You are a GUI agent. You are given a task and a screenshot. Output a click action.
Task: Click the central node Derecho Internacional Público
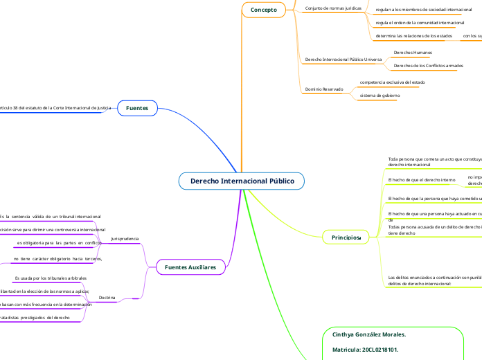pyautogui.click(x=242, y=181)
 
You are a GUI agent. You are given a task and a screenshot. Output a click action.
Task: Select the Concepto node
pyautogui.click(x=263, y=10)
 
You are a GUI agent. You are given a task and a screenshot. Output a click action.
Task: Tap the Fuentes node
pyautogui.click(x=138, y=108)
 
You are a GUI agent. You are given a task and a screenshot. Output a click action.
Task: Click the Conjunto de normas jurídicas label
pyautogui.click(x=333, y=8)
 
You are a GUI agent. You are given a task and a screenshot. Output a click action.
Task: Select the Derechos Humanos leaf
pyautogui.click(x=412, y=52)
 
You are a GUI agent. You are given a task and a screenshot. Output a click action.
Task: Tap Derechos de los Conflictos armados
pyautogui.click(x=427, y=66)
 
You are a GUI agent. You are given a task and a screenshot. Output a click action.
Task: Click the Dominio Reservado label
pyautogui.click(x=323, y=89)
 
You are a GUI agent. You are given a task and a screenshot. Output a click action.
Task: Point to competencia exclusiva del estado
pyautogui.click(x=392, y=82)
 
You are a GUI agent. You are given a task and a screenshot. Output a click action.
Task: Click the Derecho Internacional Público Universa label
pyautogui.click(x=343, y=60)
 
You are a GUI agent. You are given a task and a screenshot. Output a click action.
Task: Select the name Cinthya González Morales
pyautogui.click(x=369, y=334)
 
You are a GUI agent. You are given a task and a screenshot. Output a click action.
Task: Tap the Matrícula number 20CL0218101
pyautogui.click(x=366, y=350)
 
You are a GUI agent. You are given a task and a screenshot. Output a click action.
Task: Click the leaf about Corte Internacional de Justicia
pyautogui.click(x=55, y=108)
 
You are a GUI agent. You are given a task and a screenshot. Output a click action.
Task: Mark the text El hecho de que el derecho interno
pyautogui.click(x=422, y=180)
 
